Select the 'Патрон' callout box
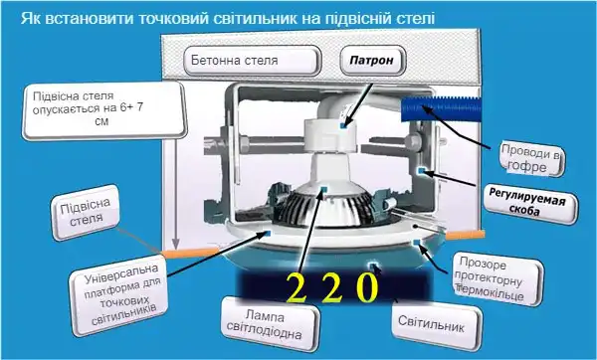pyautogui.click(x=373, y=60)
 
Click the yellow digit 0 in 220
pyautogui.click(x=367, y=288)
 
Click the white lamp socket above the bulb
pyautogui.click(x=328, y=139)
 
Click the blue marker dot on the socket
pyautogui.click(x=343, y=127)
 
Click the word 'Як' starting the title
pyautogui.click(x=30, y=18)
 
